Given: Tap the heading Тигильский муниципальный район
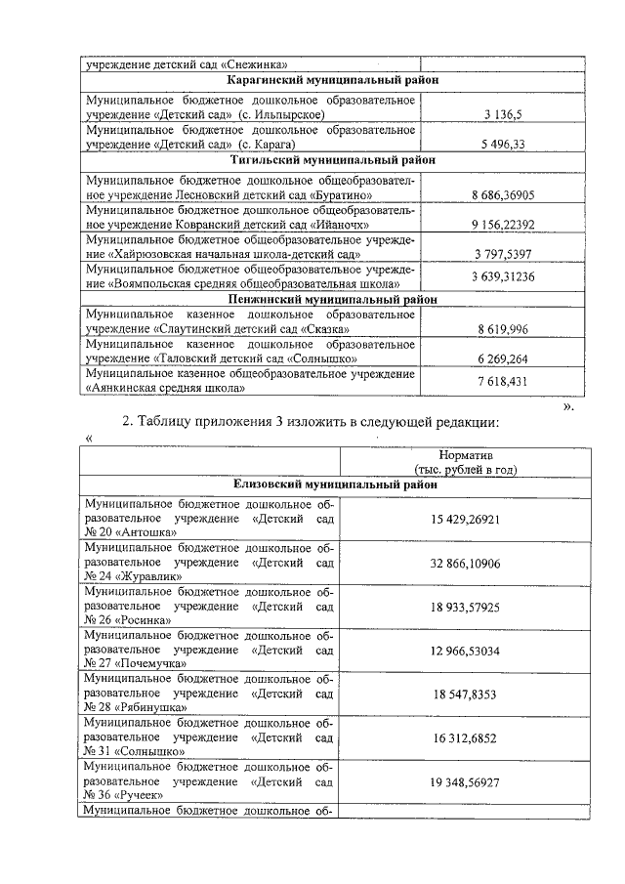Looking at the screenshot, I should click(x=333, y=159).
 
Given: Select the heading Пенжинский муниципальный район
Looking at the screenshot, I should click(x=333, y=299).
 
